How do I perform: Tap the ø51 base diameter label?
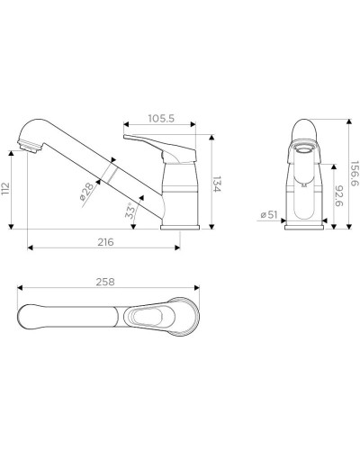click(267, 215)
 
